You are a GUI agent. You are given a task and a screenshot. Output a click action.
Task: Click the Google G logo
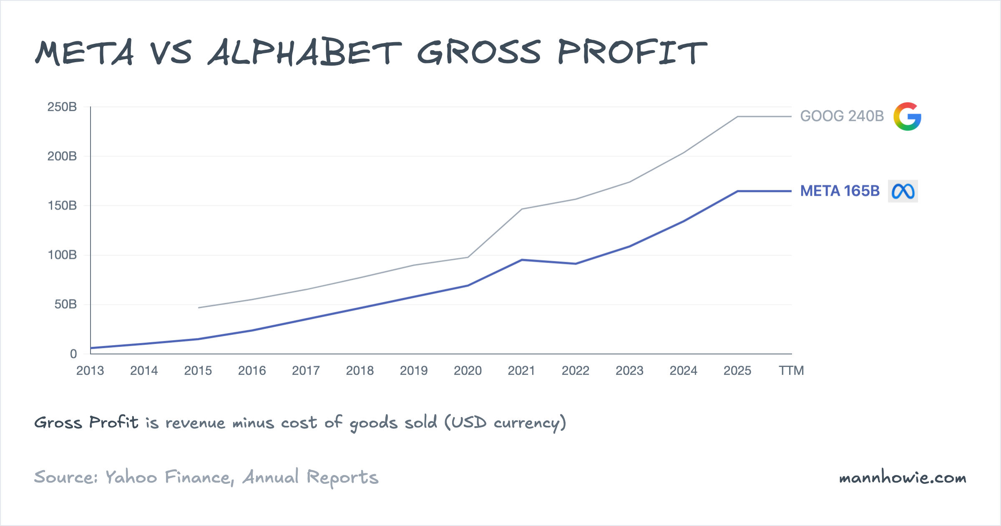[907, 116]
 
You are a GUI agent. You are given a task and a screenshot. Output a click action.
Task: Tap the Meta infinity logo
[903, 192]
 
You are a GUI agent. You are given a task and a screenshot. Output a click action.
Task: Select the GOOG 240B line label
[842, 116]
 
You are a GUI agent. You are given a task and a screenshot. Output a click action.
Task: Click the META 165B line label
[840, 191]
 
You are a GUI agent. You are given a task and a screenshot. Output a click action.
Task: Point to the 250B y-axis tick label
[62, 107]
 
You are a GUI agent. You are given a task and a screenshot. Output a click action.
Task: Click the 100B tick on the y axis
[62, 255]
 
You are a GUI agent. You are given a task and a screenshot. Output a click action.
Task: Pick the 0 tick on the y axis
[73, 354]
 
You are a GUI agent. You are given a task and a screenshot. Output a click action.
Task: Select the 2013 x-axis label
[90, 371]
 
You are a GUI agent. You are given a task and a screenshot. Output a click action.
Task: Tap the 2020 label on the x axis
[468, 371]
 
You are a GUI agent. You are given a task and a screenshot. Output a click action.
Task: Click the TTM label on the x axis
[791, 371]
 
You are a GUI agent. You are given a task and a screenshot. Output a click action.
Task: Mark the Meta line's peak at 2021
[522, 260]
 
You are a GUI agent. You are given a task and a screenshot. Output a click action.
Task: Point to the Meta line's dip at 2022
[576, 264]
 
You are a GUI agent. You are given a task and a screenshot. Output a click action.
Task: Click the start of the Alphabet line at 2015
[199, 308]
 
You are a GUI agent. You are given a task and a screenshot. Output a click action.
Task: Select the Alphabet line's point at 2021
[522, 209]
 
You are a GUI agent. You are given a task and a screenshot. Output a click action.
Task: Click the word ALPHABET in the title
[304, 53]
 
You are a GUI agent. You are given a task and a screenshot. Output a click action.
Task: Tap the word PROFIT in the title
[632, 53]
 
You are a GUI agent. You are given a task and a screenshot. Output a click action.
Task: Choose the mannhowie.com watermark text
[903, 478]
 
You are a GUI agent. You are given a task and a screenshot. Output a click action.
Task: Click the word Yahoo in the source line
[131, 477]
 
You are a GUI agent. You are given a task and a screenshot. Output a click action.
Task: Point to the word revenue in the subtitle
[195, 423]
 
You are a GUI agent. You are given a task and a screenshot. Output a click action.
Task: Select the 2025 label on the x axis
[737, 371]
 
